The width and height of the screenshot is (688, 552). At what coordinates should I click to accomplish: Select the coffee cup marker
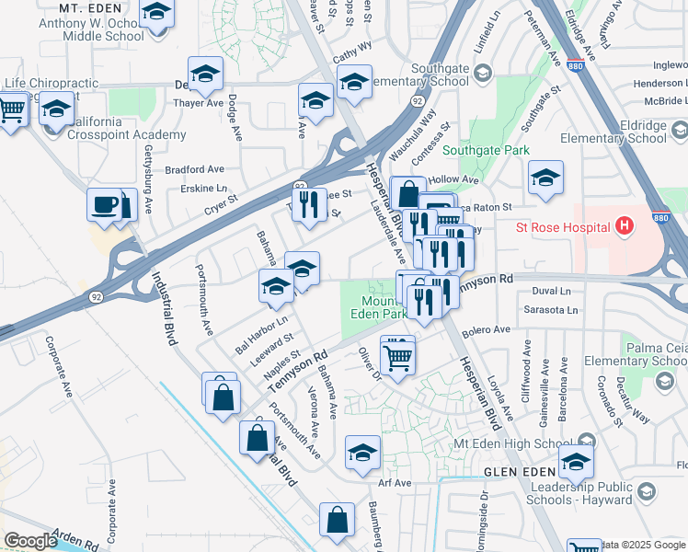106,204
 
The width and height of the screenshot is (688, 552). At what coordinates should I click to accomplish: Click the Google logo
31,541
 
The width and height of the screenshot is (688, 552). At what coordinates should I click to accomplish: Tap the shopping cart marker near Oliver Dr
396,355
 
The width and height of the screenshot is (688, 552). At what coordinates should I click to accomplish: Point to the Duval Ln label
552,291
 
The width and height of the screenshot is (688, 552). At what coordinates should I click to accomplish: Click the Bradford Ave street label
194,169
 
